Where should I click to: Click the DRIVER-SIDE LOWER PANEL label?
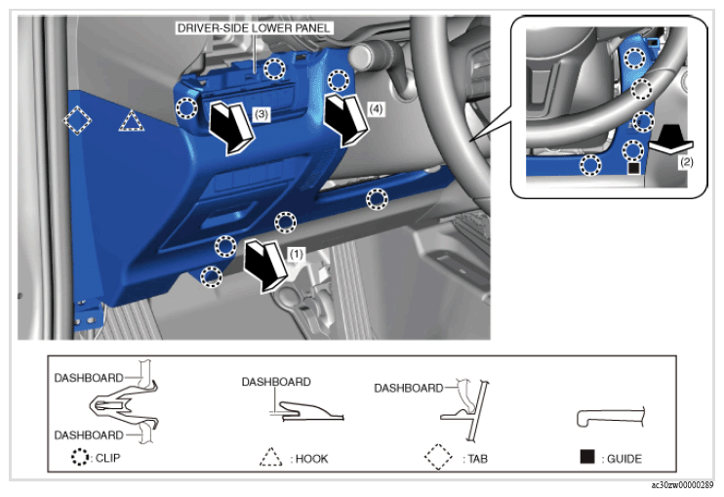[x=254, y=28]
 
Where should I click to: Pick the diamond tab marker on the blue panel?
[x=77, y=120]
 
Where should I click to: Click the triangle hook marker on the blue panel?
[x=132, y=121]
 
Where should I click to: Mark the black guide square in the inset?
[x=633, y=168]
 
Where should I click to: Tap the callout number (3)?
[x=261, y=114]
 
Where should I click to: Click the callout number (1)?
[x=296, y=254]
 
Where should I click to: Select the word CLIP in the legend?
[x=108, y=458]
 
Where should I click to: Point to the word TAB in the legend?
[x=477, y=459]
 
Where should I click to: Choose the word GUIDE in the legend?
[x=624, y=459]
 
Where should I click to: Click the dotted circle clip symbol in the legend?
[x=80, y=457]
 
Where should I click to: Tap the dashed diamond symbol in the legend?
[x=438, y=457]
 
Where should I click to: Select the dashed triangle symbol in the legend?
[x=270, y=457]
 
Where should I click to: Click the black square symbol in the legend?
[x=586, y=456]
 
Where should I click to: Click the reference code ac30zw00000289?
[x=682, y=485]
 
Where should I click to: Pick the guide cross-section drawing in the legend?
[x=610, y=417]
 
